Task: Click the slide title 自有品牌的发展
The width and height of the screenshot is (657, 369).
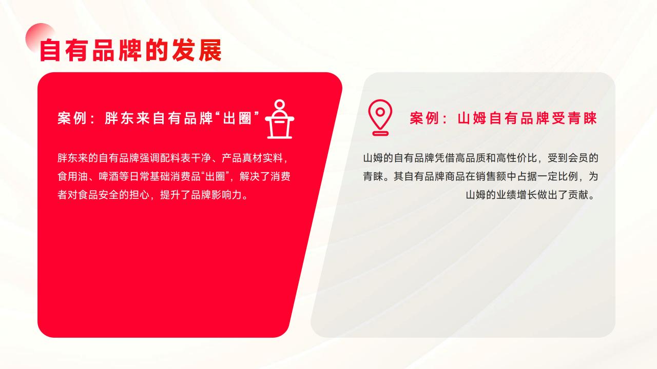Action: point(131,50)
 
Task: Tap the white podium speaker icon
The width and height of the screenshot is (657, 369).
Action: point(280,119)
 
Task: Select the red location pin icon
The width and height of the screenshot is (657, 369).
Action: point(380,117)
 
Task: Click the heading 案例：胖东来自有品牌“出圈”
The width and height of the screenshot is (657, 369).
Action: point(159,118)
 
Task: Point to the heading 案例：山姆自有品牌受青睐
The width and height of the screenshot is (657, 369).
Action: point(504,118)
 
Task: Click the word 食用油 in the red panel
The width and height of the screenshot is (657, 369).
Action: point(73,176)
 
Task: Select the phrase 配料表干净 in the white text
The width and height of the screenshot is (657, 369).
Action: point(185,158)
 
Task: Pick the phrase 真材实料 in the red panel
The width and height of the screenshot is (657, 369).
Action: point(262,158)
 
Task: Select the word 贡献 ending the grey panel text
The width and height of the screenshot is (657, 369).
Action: point(578,195)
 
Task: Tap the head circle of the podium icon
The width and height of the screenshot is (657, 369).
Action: point(280,104)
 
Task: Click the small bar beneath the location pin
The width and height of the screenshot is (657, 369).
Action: point(380,134)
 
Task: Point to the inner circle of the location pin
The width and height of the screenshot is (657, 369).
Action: point(380,112)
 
